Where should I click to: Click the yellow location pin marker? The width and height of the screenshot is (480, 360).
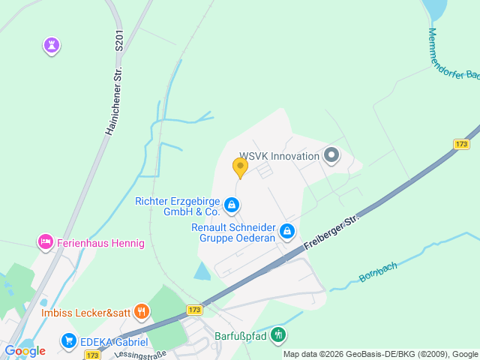point(240,167)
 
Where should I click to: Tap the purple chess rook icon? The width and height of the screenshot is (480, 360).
point(51,46)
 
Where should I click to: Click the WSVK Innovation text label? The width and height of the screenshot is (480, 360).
point(279,156)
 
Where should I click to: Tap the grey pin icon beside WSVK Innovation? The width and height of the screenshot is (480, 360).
point(331,156)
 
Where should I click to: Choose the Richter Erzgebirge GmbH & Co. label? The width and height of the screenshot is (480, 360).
point(177,206)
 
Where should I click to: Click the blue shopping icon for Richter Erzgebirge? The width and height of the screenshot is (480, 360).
point(232,204)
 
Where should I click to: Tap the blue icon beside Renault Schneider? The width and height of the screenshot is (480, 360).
point(286,232)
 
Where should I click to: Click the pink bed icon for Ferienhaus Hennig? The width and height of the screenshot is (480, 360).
point(45,242)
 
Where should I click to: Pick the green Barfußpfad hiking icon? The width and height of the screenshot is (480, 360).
point(279,335)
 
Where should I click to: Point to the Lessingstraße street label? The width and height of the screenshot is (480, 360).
point(139,352)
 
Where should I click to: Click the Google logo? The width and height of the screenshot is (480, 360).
point(25,350)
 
